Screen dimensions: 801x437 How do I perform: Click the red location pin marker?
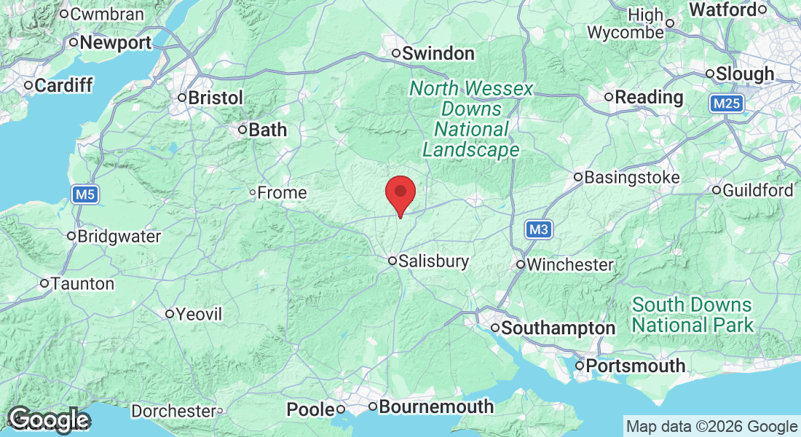(x=400, y=194)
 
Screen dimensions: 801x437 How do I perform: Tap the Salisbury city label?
(x=434, y=261)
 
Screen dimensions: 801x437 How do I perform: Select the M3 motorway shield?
(x=538, y=230)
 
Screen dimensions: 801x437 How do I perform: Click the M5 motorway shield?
(x=85, y=194)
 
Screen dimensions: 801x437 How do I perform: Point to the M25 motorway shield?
(x=727, y=104)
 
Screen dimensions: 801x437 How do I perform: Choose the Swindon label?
(x=438, y=53)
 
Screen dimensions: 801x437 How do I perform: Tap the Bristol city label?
(x=215, y=98)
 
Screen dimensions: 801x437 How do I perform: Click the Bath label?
(x=267, y=130)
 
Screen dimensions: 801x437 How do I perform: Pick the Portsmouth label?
(x=636, y=366)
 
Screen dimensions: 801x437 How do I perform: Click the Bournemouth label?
(x=436, y=406)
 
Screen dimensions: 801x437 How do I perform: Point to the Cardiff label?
(x=63, y=86)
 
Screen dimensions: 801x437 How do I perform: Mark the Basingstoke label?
(x=622, y=177)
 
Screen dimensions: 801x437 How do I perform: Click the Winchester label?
(x=569, y=264)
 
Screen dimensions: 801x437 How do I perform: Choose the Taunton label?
(x=82, y=283)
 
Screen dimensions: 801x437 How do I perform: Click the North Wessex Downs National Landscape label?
(x=471, y=119)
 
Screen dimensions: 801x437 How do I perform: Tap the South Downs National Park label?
(x=693, y=314)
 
